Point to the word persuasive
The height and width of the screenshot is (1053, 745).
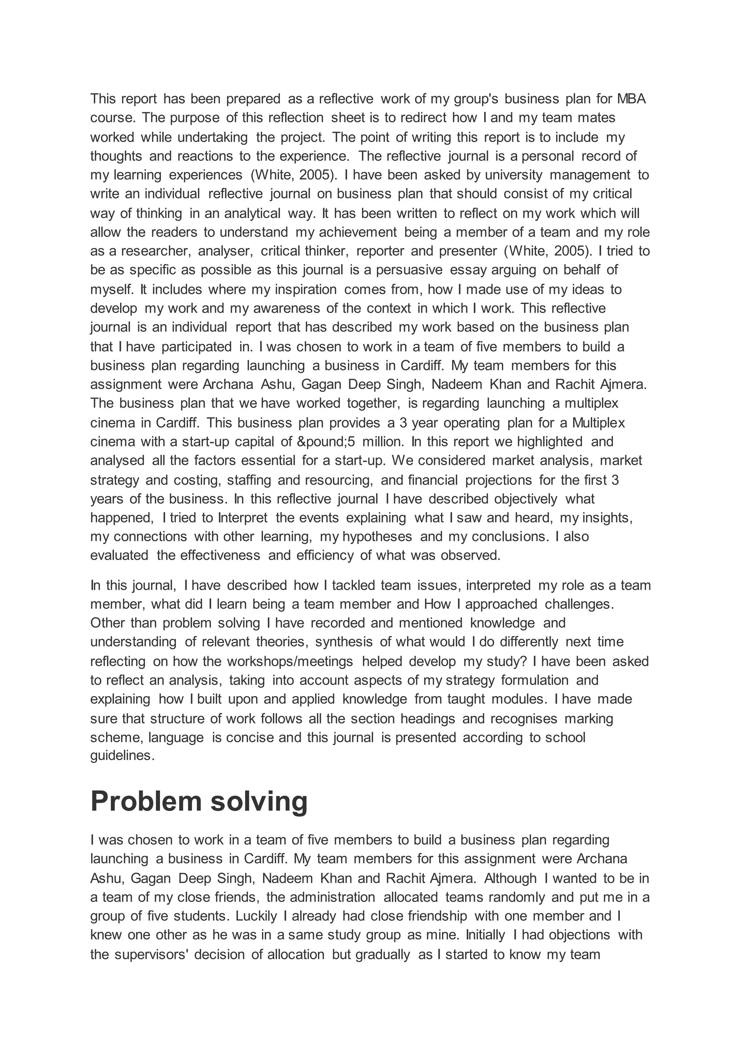[409, 270]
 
